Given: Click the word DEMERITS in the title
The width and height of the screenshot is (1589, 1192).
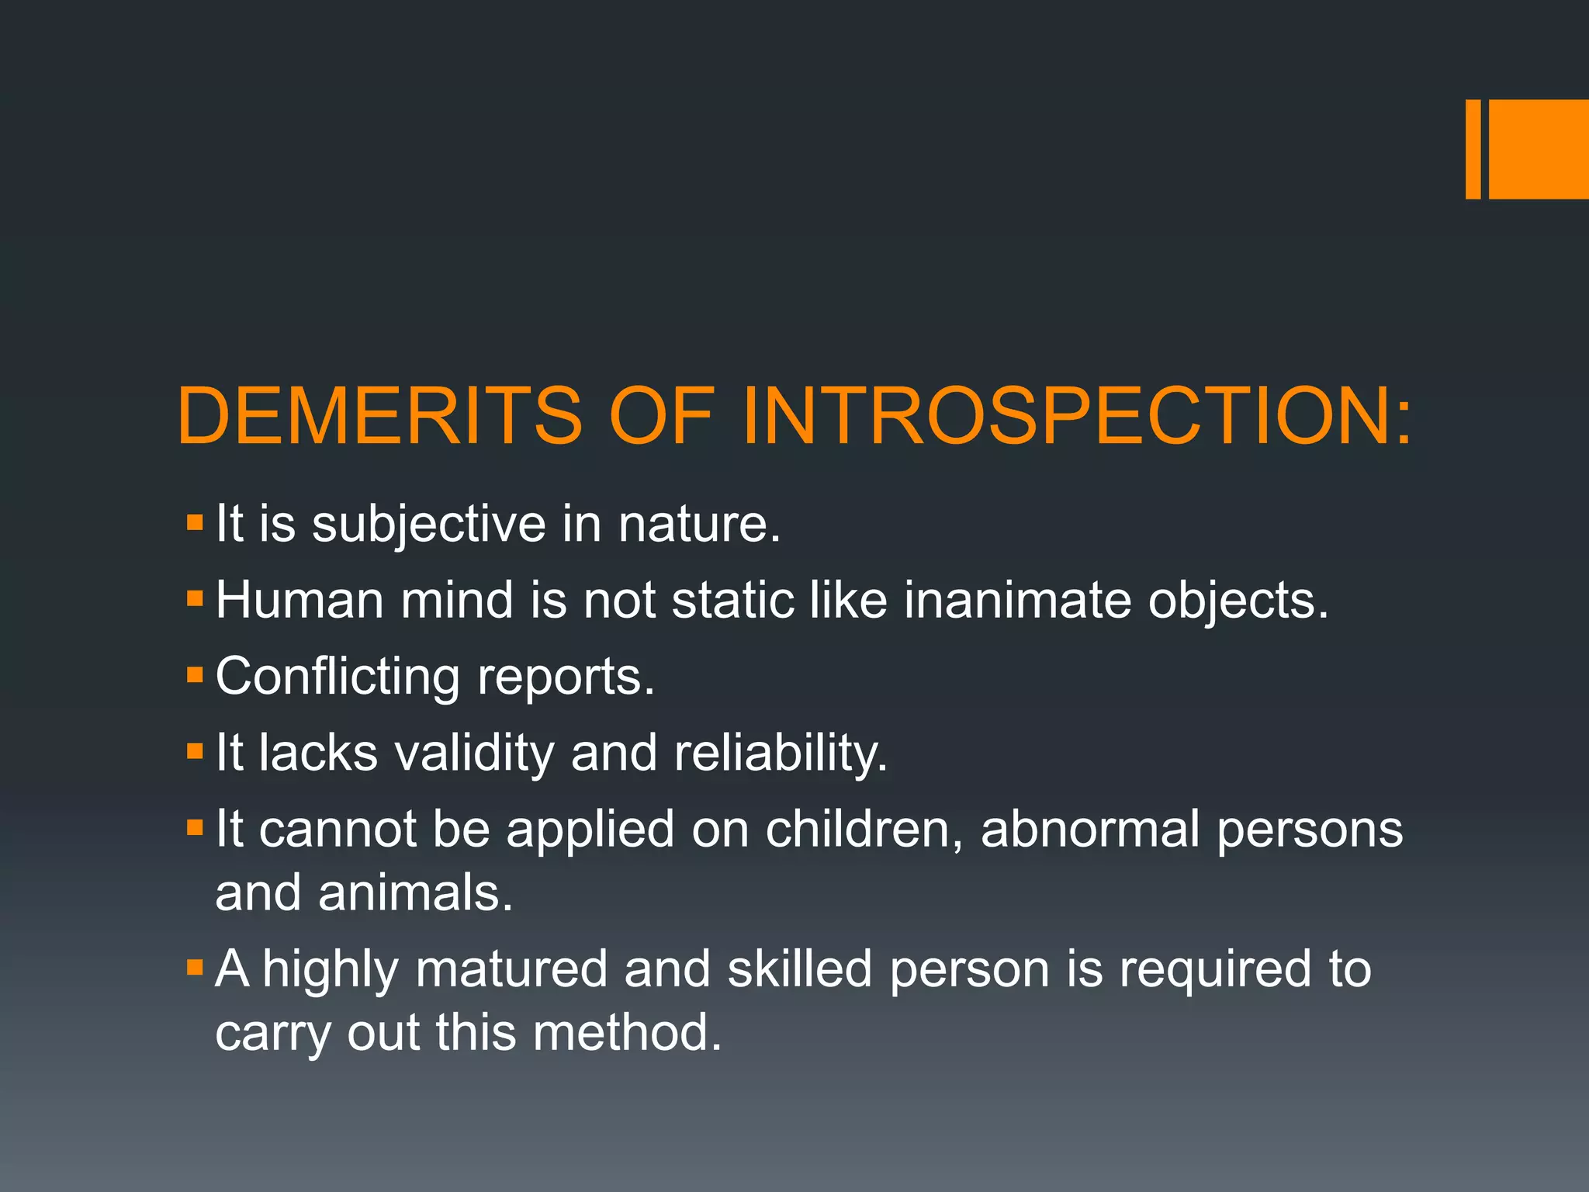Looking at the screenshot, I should tap(379, 416).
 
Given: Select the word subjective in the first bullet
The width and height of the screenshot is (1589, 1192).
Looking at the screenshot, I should tap(428, 525).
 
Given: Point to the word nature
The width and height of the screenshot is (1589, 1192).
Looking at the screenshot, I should tap(698, 525).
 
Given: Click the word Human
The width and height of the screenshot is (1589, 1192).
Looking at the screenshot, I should tap(299, 600).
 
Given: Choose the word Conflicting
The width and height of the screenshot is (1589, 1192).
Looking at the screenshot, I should tap(338, 677).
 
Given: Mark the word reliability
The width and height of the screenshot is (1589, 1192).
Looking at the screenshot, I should tap(780, 754).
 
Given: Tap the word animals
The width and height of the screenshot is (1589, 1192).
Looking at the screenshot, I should tap(415, 893).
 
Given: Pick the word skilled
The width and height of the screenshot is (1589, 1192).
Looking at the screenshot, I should tap(800, 969).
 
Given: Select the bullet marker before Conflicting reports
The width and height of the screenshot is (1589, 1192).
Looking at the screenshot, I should tap(195, 674).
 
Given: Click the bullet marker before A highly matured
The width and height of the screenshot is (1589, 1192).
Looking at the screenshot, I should tap(195, 967).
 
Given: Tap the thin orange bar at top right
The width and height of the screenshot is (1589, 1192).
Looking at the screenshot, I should tap(1473, 149).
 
